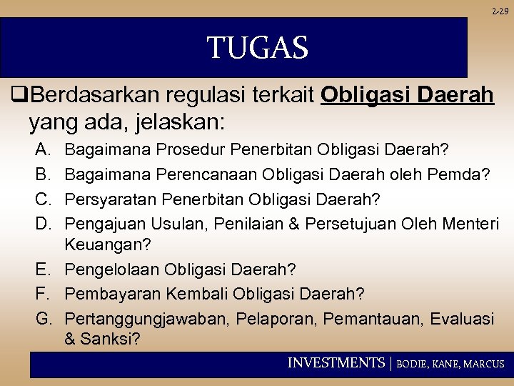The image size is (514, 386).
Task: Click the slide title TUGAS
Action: click(257, 49)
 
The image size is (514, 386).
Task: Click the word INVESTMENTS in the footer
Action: click(336, 363)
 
